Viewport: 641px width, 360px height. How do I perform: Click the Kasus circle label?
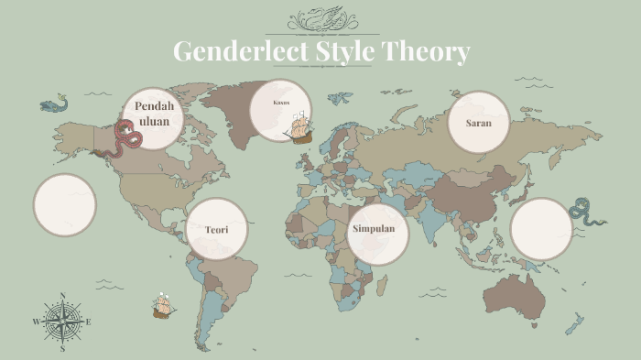282,103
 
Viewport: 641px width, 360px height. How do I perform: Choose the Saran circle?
479,122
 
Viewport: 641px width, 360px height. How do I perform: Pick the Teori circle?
217,229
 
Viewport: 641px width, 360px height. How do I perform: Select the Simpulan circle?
377,228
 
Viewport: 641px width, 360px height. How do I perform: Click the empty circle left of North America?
65,204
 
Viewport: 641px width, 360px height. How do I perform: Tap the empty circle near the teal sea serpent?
540,229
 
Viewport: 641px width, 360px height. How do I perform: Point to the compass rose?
62,322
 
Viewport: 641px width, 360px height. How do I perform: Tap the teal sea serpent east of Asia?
586,212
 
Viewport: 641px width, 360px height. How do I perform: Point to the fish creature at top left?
54,104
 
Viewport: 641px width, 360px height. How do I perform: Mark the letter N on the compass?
62,296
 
